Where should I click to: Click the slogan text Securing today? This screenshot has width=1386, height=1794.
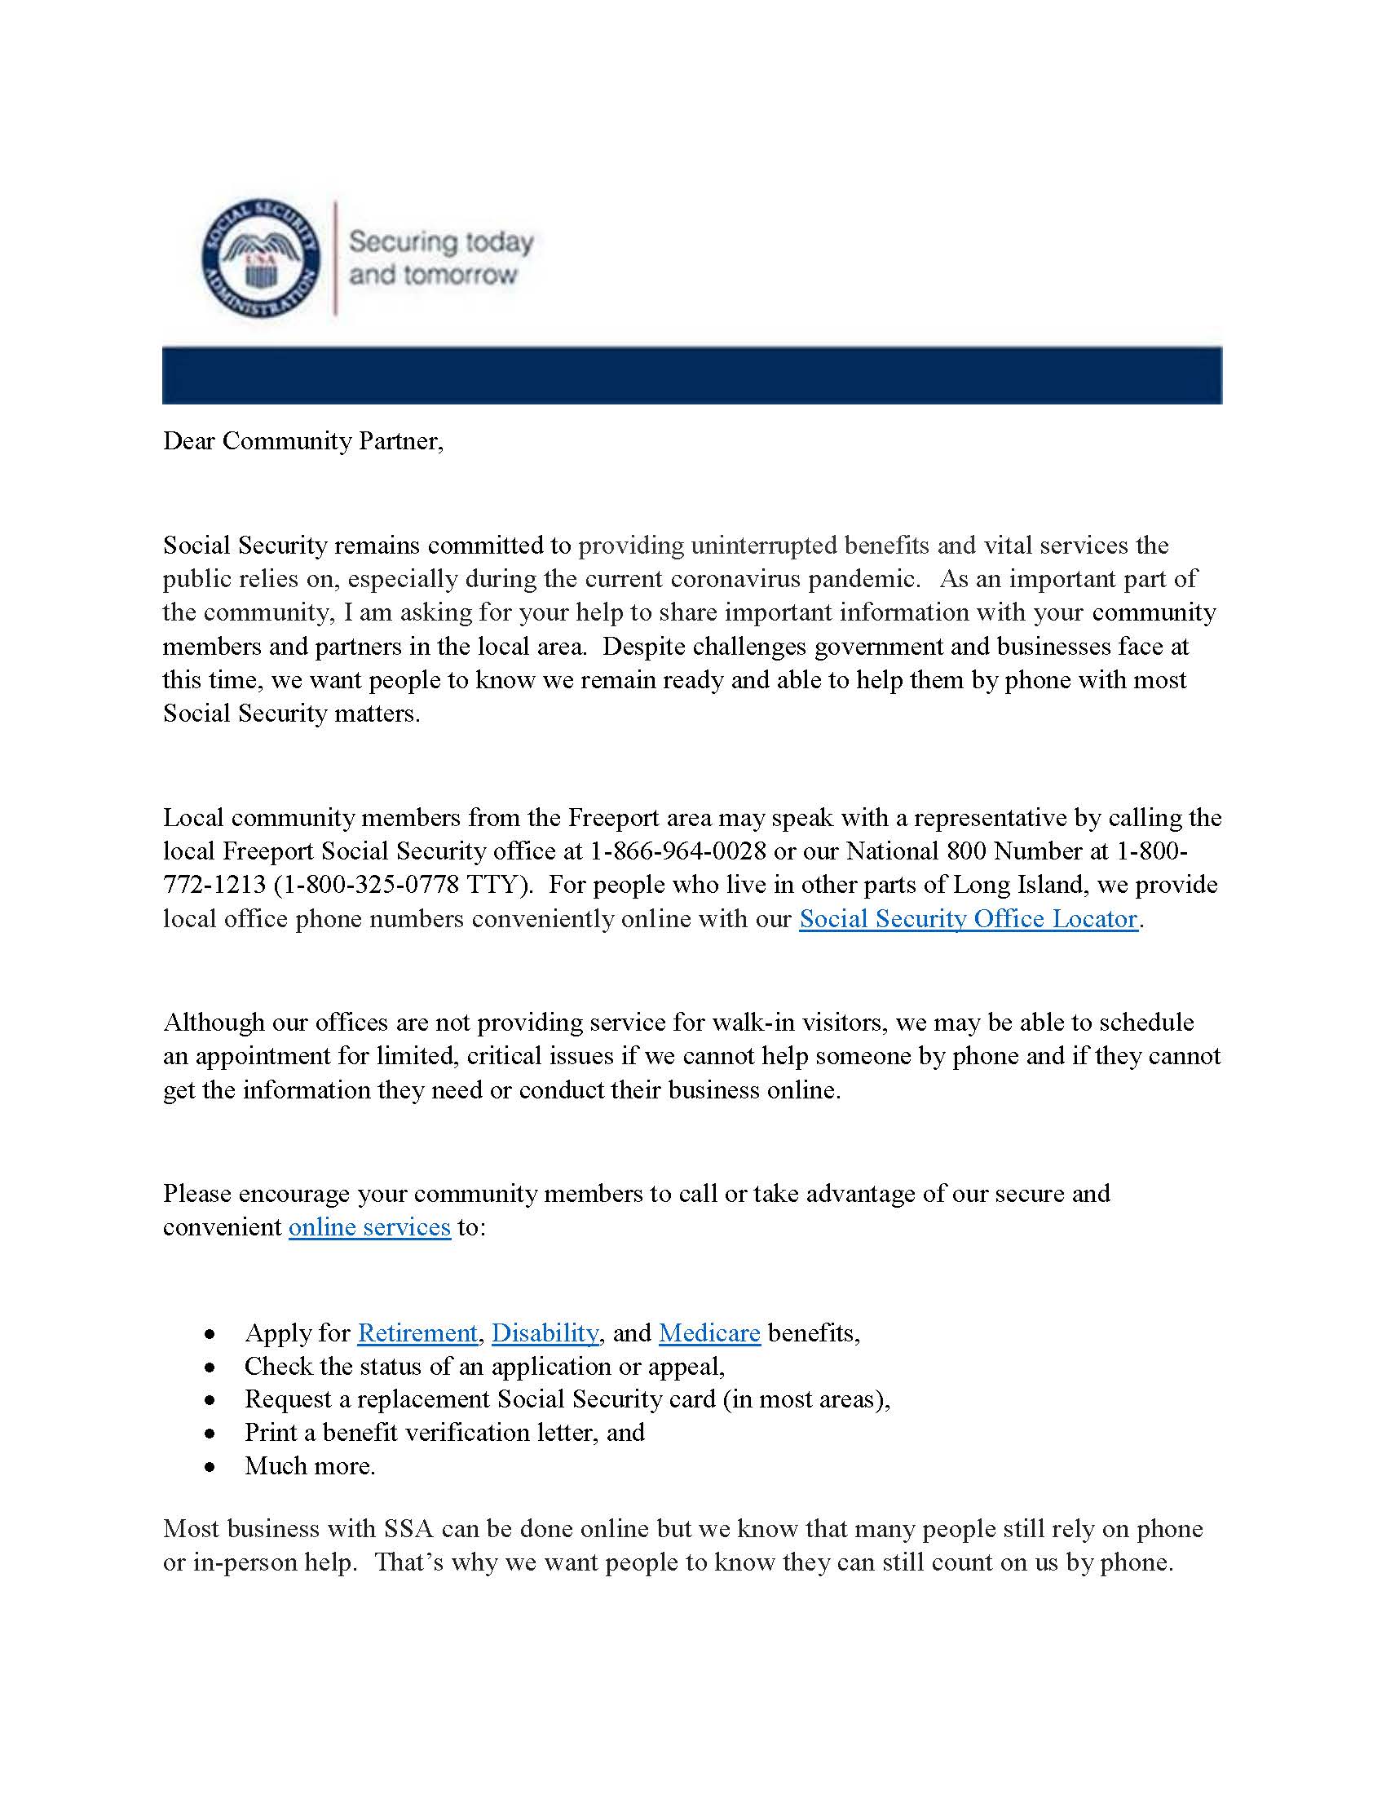pos(441,242)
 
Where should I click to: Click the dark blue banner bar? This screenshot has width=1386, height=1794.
pos(691,375)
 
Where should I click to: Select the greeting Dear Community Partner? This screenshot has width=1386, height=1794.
pos(303,441)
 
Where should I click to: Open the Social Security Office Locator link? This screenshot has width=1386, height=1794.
pos(968,918)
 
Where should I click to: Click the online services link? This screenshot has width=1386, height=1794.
pos(369,1226)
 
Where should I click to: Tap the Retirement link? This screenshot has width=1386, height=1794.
pos(417,1332)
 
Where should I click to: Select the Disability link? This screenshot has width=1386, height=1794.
pos(545,1332)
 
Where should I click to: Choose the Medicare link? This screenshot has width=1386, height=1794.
pos(709,1332)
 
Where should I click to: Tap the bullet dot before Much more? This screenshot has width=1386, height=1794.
pos(211,1466)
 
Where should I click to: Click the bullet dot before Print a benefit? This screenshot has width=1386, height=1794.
pos(211,1434)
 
